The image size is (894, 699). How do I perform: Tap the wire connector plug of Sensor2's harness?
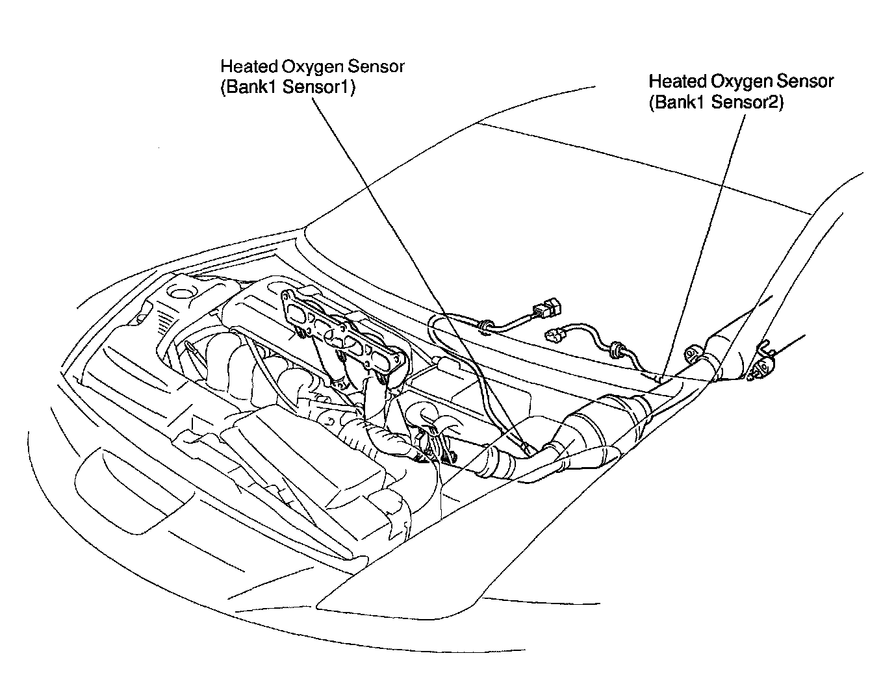click(x=554, y=335)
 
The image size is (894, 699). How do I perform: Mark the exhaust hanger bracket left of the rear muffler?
click(x=694, y=355)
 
